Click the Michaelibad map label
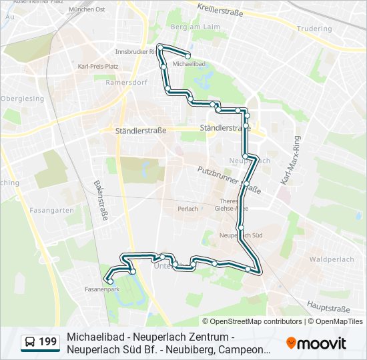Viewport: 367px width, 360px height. pos(188,64)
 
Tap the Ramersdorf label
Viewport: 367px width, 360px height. pos(121,83)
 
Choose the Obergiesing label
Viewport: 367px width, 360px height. pos(22,99)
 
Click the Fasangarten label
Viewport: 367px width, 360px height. pos(51,210)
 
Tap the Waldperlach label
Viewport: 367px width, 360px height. pos(327,258)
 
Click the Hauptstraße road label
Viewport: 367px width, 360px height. pos(328,309)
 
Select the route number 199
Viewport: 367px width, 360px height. pos(48,343)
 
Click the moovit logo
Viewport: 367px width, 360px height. pos(316,343)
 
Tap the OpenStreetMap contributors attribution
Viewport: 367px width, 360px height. pos(256,321)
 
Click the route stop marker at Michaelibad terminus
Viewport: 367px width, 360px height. pos(189,56)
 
